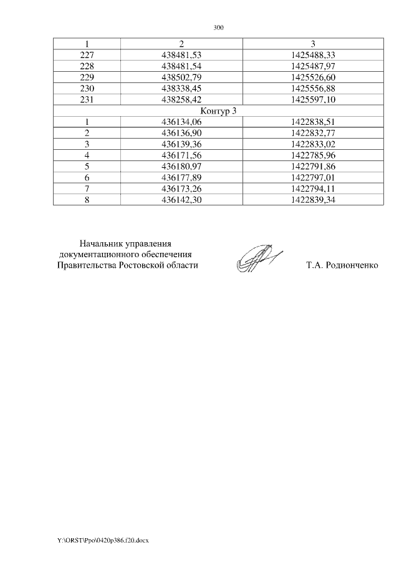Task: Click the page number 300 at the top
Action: (218, 28)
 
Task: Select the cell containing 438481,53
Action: (181, 55)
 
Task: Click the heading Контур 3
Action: (218, 111)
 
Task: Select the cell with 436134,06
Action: (181, 122)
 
